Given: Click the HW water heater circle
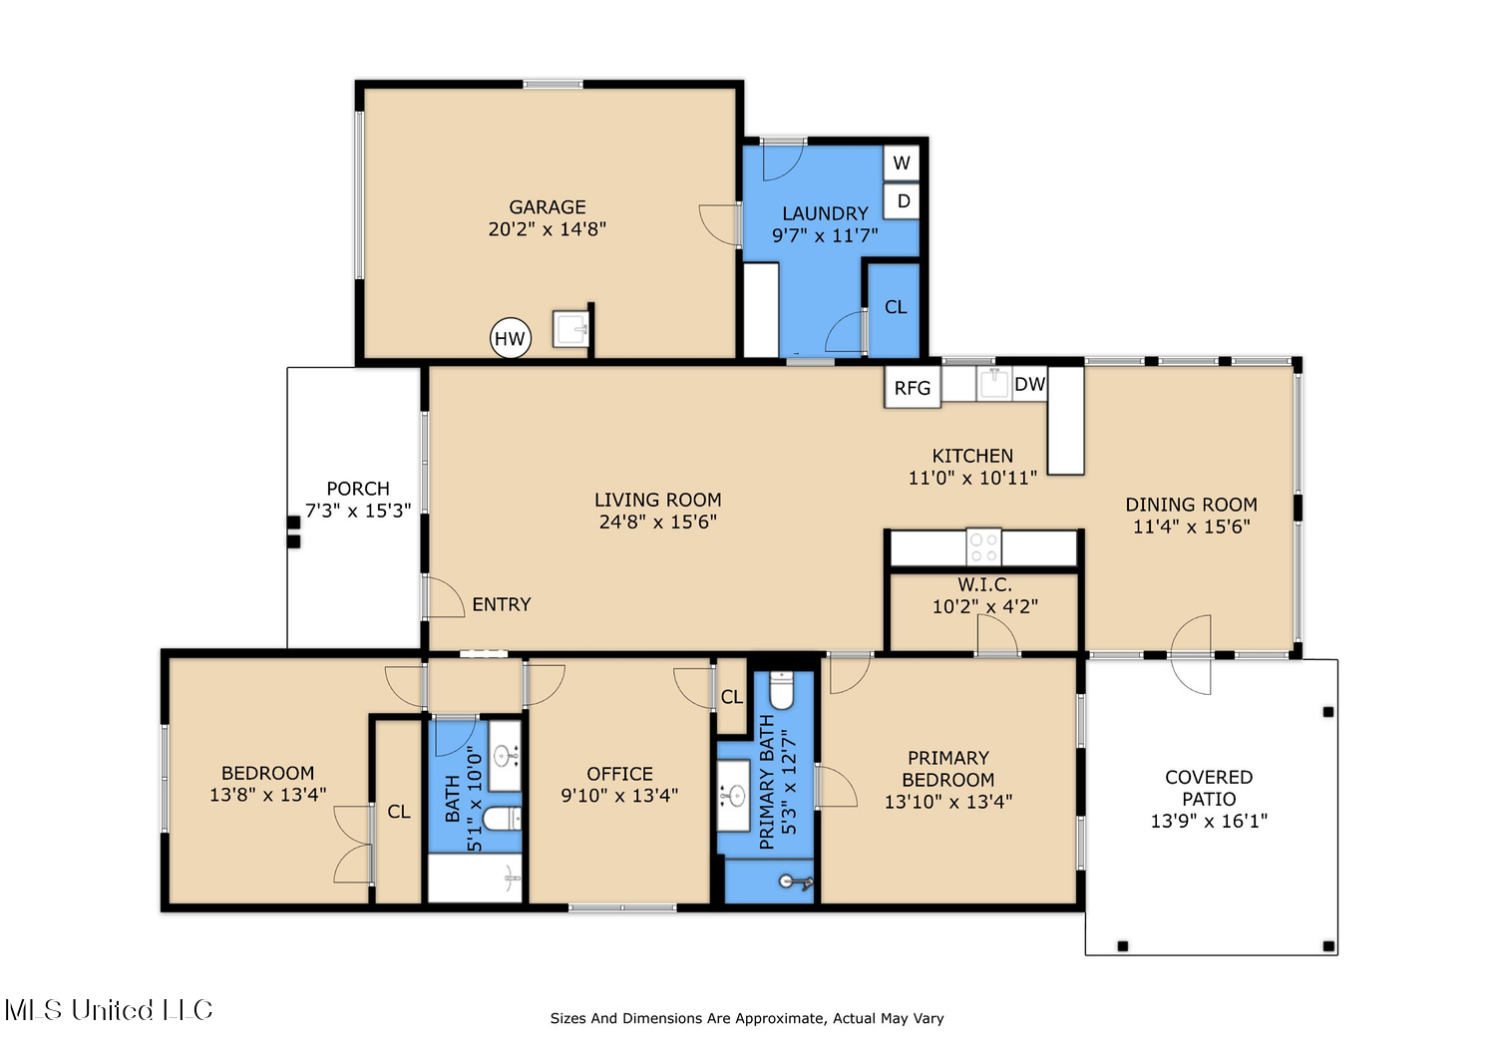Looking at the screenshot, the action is coord(511,338).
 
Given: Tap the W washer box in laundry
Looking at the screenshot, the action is coord(901,163).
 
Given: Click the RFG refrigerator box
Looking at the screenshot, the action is coord(913,387).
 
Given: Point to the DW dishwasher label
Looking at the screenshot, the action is coord(1029,384).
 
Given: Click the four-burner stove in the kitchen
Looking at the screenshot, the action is coord(983,547).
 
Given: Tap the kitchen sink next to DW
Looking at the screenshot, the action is coord(993,383).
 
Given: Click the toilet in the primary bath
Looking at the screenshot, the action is coord(781,690).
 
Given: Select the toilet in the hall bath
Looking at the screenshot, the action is coord(502,818).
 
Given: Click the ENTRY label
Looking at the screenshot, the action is coord(502,604).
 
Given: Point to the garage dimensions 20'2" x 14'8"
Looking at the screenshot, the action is coord(548,229).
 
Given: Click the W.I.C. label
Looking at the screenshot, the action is coord(985,584).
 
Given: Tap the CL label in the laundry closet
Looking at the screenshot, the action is coord(896,307).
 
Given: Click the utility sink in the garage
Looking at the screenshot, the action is coord(570,328).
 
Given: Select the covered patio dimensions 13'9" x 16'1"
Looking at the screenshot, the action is coord(1209,821).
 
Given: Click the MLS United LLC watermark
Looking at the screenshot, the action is coord(109,1009).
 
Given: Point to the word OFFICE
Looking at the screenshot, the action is coord(619,774).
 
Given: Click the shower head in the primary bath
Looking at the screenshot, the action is coord(796,882).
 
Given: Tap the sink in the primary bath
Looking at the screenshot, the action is coord(733,796).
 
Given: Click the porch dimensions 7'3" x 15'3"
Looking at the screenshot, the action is coord(358,511).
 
